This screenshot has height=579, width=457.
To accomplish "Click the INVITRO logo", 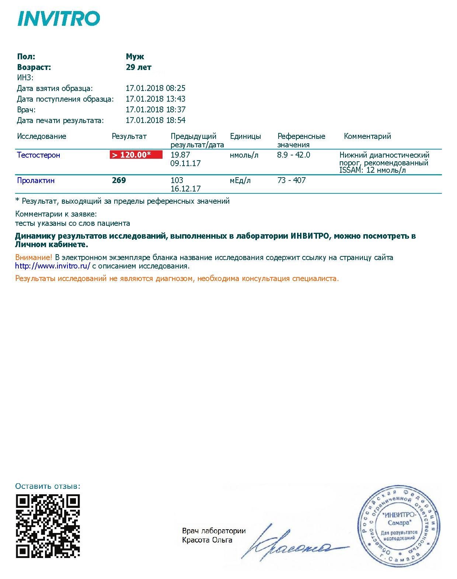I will coord(59,18).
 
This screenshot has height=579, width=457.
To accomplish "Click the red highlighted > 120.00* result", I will coord(136,155).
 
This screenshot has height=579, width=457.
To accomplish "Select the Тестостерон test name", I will coord(38,155).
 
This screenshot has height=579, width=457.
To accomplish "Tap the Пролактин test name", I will coord(36,180).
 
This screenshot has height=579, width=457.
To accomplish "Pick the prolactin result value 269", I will coord(119,180).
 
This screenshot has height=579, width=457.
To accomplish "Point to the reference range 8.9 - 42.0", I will coord(293,155).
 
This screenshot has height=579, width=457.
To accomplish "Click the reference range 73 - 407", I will coord(291,180).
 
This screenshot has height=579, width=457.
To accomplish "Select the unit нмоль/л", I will coord(244,155).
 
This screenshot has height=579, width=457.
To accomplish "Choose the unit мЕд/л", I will coord(240,180).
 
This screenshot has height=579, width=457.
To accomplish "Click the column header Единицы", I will coord(245,136).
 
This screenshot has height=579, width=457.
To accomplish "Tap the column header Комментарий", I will coord(367,136).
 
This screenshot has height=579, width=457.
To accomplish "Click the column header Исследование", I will coord(42,136).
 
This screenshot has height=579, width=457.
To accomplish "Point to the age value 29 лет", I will coord(139,67).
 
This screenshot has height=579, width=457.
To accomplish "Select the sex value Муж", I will coord(135,57).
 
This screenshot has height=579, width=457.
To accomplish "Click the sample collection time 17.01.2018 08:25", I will coord(156,88).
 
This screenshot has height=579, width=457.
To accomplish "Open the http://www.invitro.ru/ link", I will coord(53,266).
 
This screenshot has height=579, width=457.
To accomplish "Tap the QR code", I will coord(48,526).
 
